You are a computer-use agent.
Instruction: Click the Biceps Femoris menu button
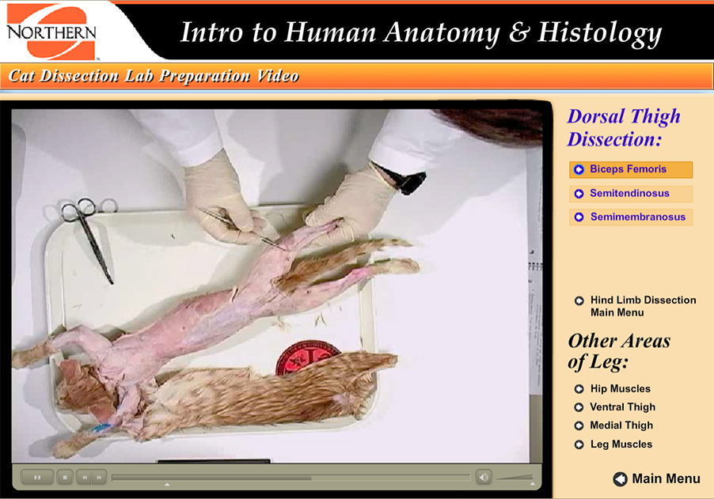point(630,169)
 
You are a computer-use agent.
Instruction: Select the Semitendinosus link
point(630,194)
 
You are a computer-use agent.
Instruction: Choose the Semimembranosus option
point(630,217)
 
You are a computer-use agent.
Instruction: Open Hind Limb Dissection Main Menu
point(642,306)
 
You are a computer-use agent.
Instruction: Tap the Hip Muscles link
point(620,389)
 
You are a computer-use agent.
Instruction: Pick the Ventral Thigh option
point(622,407)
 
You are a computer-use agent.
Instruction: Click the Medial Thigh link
point(621,425)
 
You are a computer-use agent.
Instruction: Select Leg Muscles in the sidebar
point(621,444)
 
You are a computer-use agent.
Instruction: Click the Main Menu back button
point(656,478)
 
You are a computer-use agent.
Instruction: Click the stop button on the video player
point(65,477)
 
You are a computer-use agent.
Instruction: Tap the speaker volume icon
point(483,477)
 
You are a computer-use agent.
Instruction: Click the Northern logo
point(51,32)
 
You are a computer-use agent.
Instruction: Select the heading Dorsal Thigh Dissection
point(623,127)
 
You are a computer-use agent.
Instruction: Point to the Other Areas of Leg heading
point(618,352)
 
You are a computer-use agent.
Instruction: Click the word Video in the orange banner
point(278,77)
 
